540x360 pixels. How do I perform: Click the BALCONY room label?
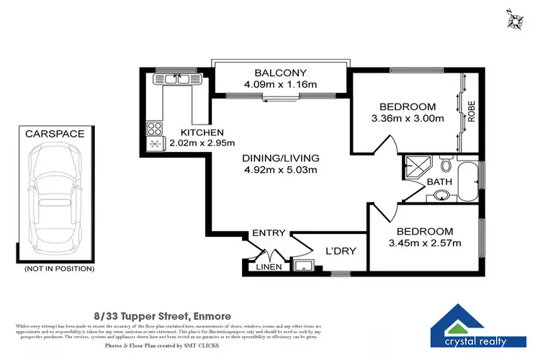coord(280,73)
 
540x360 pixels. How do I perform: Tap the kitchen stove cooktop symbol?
coord(155,129)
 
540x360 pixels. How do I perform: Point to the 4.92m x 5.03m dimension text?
coord(280,170)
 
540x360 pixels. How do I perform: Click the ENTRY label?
coord(269,233)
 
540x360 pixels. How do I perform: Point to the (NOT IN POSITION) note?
coord(59,269)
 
